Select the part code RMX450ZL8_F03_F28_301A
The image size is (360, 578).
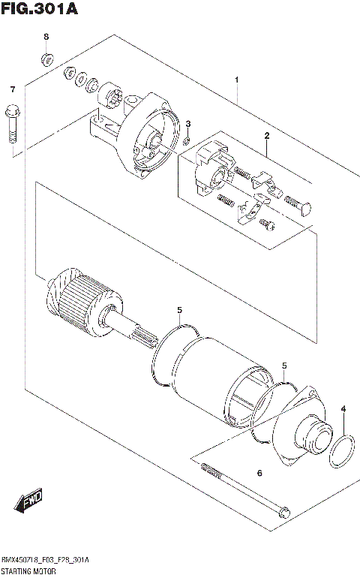[x=46, y=560]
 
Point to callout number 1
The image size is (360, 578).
[x=236, y=80]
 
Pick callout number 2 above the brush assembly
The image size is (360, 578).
[x=265, y=135]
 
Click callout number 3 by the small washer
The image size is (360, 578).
[x=188, y=124]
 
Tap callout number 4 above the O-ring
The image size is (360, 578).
[x=343, y=409]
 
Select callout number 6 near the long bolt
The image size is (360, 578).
[x=259, y=473]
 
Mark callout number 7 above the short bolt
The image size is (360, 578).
[x=12, y=90]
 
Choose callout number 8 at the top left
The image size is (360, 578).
[x=46, y=36]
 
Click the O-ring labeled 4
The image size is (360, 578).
[x=343, y=452]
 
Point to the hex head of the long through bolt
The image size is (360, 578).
[x=282, y=514]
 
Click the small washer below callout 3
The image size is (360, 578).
[x=185, y=140]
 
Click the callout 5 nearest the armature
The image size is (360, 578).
[x=179, y=309]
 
